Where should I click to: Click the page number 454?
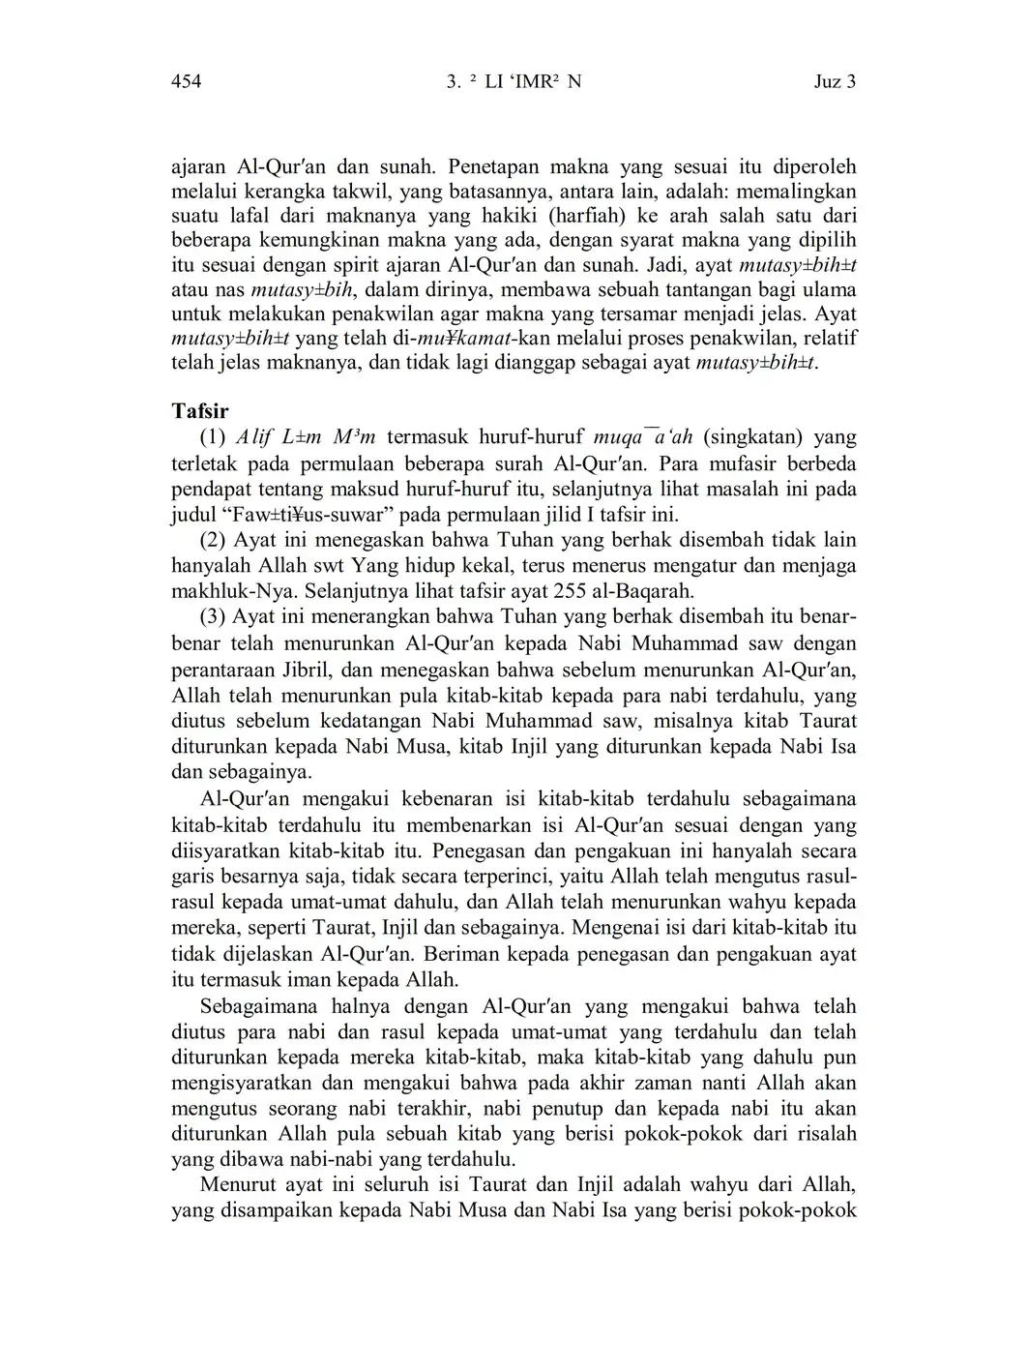click(186, 81)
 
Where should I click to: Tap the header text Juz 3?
click(835, 81)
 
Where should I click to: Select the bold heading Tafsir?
click(200, 410)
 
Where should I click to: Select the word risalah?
click(823, 1134)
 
